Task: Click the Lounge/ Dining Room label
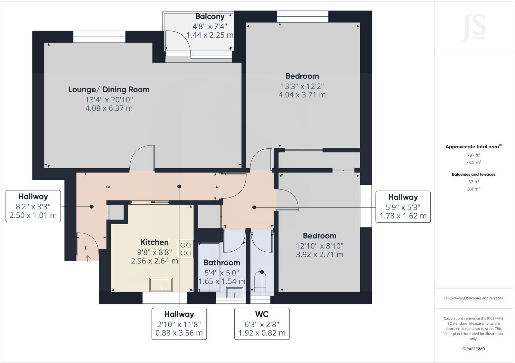[x=109, y=89]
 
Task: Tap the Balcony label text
[x=210, y=17]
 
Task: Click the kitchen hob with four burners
[x=186, y=249]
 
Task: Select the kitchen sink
[x=161, y=285]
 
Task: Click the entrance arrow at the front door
[x=88, y=258]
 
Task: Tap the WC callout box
[x=262, y=323]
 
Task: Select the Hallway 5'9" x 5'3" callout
[x=403, y=207]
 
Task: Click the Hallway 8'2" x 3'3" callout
[x=33, y=206]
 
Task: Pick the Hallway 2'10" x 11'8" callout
[x=179, y=323]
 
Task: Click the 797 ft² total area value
[x=473, y=155]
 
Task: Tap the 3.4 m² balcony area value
[x=473, y=189]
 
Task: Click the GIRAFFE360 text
[x=473, y=349]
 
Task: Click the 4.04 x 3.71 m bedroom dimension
[x=302, y=95]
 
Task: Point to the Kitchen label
[x=154, y=242]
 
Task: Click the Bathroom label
[x=221, y=263]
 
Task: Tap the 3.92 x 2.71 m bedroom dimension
[x=319, y=255]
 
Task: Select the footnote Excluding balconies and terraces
[x=473, y=298]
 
